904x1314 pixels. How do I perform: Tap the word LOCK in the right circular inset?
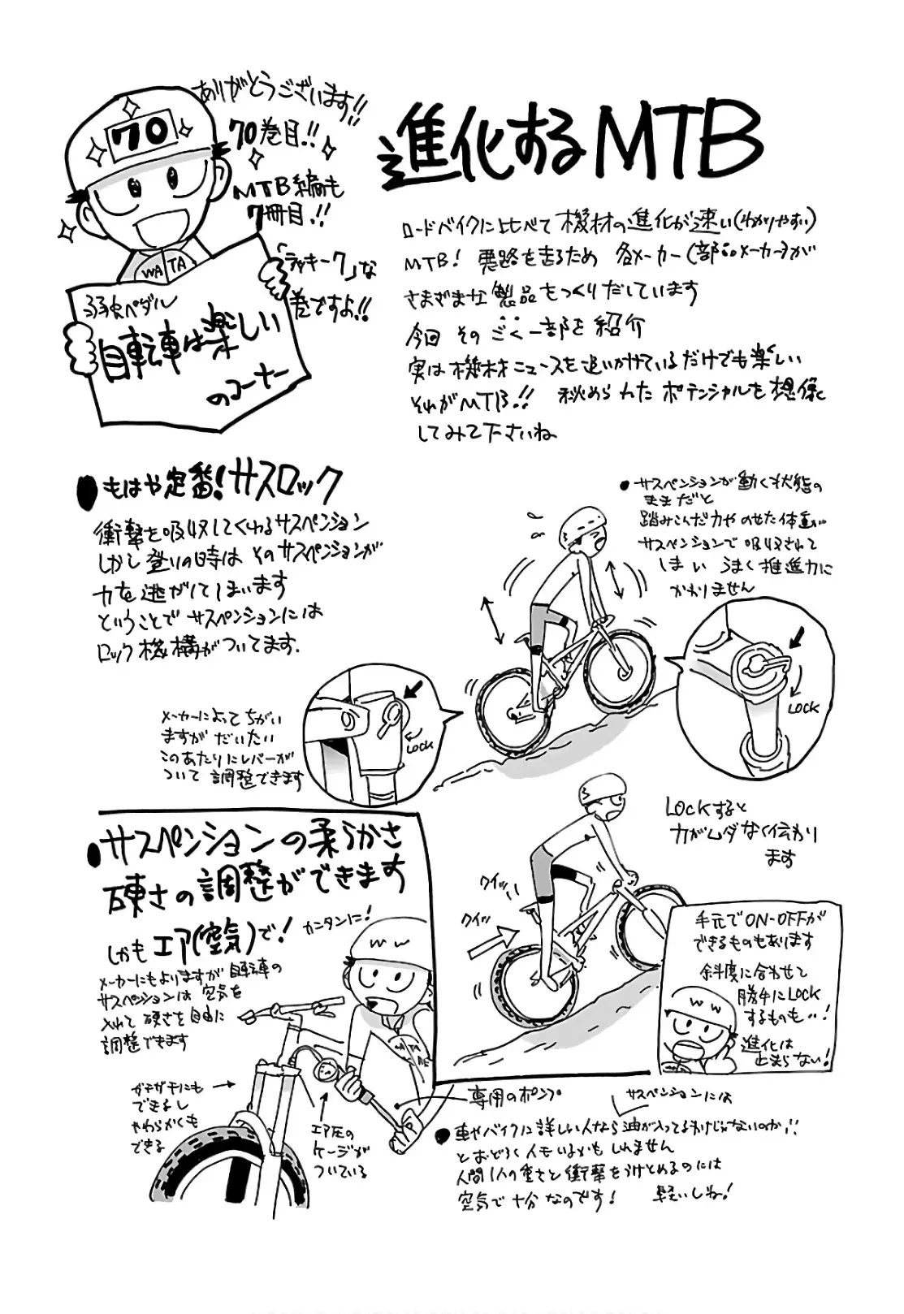pyautogui.click(x=802, y=707)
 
